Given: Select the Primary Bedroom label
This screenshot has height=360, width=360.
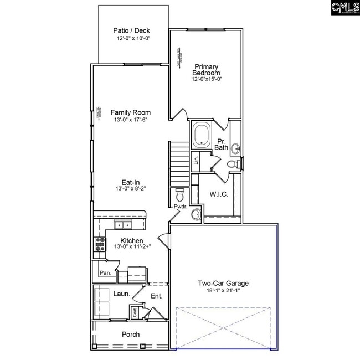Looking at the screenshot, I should (x=206, y=69).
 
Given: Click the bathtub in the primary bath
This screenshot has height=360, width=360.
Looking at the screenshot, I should (x=201, y=135).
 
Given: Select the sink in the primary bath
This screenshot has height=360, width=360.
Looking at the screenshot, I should (x=236, y=148).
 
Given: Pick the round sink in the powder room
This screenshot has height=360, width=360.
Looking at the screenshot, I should (x=196, y=214).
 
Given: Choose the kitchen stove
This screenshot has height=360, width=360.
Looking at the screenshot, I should (x=100, y=244).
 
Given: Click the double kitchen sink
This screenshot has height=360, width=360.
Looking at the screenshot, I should (x=123, y=224).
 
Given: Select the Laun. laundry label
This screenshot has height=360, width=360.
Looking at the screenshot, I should (x=122, y=295).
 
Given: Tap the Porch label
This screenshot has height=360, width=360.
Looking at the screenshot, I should (x=131, y=335).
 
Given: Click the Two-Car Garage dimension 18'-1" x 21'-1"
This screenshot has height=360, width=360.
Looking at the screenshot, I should (x=223, y=291).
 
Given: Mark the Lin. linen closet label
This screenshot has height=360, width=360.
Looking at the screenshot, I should (x=196, y=161).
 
